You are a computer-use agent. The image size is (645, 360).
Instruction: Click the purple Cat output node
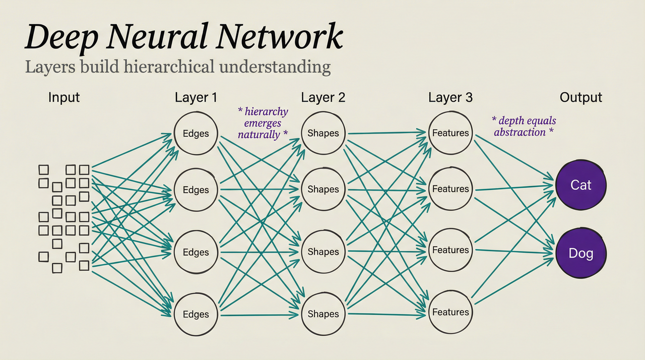(580, 185)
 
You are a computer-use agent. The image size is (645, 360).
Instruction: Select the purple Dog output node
(580, 253)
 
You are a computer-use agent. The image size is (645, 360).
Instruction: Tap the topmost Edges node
(196, 134)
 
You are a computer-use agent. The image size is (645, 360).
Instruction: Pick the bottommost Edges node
(196, 314)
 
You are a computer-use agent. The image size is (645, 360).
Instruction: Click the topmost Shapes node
(323, 133)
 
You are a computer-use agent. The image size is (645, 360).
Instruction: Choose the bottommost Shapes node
(323, 314)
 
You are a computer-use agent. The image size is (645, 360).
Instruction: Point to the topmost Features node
(450, 133)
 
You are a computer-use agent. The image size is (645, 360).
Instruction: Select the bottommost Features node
(450, 312)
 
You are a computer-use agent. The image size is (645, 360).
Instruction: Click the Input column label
(64, 97)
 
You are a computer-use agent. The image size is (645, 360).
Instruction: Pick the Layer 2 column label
(323, 97)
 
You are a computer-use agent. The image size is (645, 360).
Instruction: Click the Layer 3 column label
(450, 97)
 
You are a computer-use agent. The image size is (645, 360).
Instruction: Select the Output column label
(581, 97)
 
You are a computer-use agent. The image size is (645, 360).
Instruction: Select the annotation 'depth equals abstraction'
(524, 127)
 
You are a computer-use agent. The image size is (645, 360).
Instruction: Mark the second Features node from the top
(450, 189)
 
